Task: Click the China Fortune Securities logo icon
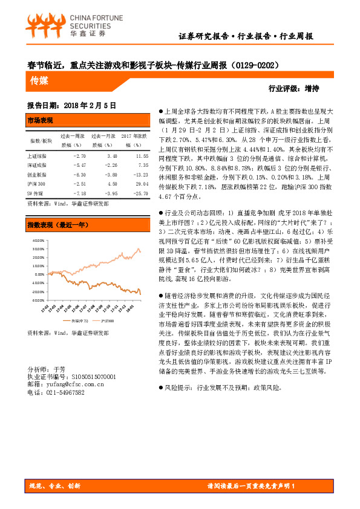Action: (x=45, y=23)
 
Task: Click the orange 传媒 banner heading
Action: (x=39, y=80)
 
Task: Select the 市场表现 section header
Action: (x=41, y=120)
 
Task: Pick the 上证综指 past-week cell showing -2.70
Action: (x=80, y=156)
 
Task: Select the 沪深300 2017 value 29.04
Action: (x=142, y=181)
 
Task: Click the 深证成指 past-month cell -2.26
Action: (x=110, y=164)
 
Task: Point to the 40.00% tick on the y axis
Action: (x=36, y=239)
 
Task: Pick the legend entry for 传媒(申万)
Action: (x=79, y=320)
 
